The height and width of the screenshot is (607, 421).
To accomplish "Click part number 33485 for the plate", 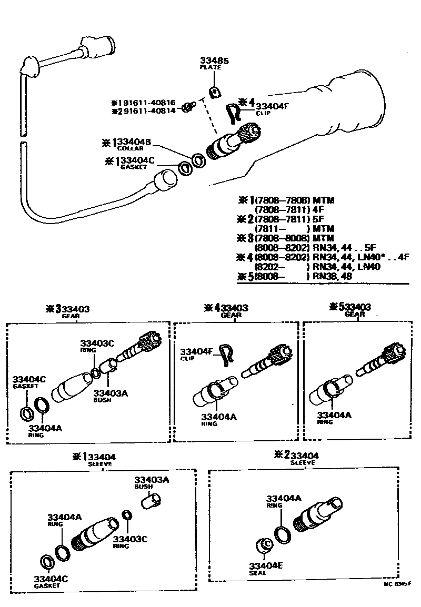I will pyautogui.click(x=214, y=61).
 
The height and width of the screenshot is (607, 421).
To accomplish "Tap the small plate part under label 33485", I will pyautogui.click(x=214, y=93).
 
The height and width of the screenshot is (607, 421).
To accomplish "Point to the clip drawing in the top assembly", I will pyautogui.click(x=232, y=113).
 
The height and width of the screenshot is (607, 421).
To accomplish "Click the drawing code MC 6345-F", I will pyautogui.click(x=397, y=584).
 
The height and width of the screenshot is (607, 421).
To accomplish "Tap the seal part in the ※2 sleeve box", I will pyautogui.click(x=265, y=545).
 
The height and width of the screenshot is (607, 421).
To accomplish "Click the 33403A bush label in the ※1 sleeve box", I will pyautogui.click(x=152, y=480).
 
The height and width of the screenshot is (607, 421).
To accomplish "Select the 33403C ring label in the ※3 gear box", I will pyautogui.click(x=97, y=343).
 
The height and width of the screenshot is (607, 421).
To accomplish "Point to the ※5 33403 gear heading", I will pyautogui.click(x=354, y=307).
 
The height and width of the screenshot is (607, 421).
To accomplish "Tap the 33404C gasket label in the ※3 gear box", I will pyautogui.click(x=29, y=379).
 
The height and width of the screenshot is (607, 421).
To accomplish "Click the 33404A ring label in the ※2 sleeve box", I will pyautogui.click(x=283, y=499).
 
